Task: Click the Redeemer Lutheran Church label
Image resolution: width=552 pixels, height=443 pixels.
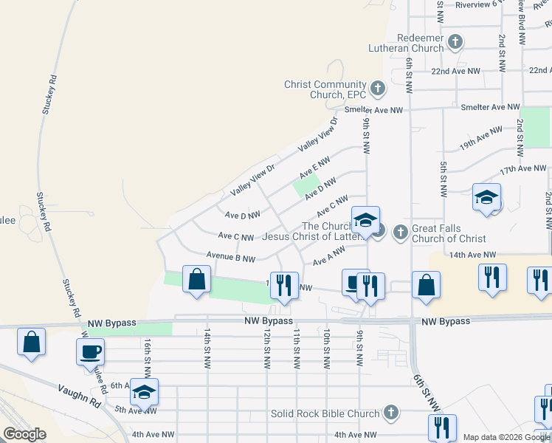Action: tap(406, 43)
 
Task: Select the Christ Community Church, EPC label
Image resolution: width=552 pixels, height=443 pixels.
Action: tap(325, 89)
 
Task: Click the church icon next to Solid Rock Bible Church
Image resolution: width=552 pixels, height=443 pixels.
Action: tap(391, 413)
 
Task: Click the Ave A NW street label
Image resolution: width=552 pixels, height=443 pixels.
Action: tap(329, 256)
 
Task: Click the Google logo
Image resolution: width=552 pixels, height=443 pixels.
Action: tap(24, 434)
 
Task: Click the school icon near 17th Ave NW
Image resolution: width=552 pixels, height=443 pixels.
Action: tap(487, 197)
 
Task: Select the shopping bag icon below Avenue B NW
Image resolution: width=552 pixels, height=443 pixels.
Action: tap(196, 280)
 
